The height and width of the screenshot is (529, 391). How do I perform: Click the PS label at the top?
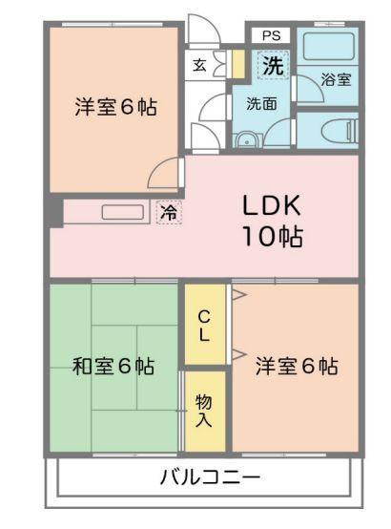coord(272,35)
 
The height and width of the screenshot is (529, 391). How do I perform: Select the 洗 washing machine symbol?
coord(273,67)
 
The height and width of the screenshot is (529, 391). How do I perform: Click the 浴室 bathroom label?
coord(335,80)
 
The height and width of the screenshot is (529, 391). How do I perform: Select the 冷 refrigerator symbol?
coord(168,214)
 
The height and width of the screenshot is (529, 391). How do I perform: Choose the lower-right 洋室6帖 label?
coord(296,366)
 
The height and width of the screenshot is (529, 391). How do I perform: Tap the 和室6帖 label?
coord(113,366)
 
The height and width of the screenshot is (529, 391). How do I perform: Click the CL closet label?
coord(205,326)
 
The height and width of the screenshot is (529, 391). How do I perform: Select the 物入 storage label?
coord(204,410)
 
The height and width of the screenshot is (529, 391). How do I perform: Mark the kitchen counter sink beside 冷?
coord(118,212)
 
